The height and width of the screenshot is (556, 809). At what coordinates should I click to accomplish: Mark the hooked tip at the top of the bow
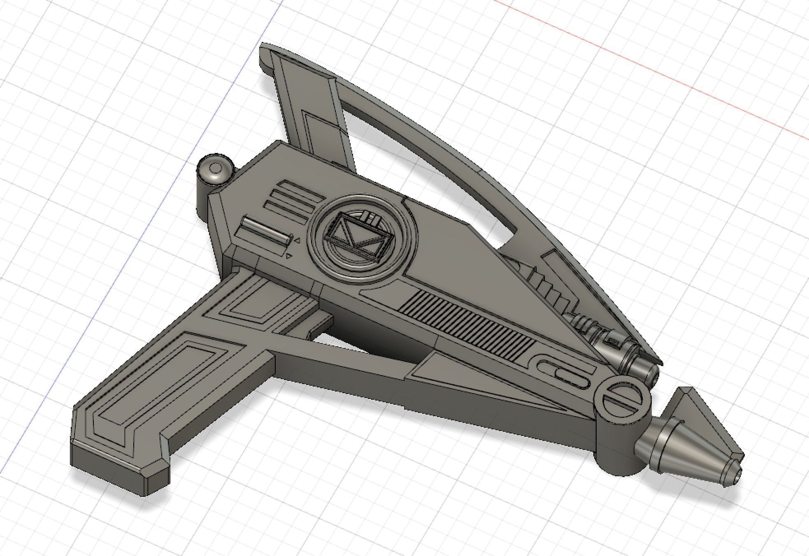pos(265,58)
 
